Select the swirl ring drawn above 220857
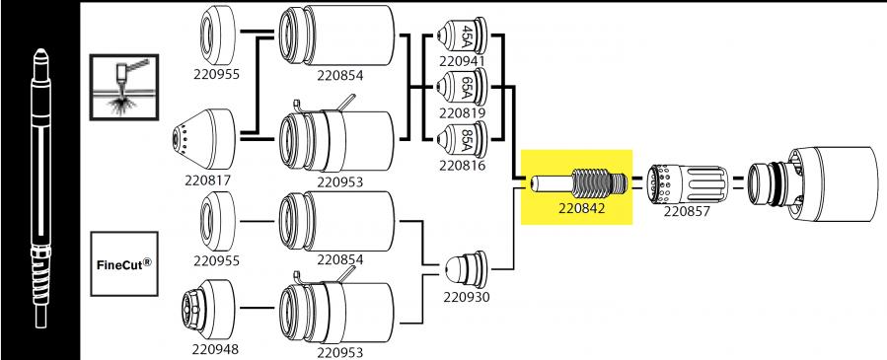point(685,181)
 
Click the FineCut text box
point(123,264)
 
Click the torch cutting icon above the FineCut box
point(122,89)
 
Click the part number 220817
point(205,180)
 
